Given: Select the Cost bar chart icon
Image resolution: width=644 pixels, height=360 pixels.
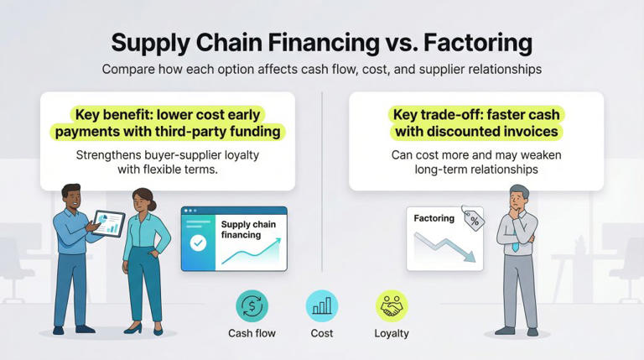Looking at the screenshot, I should (x=321, y=306).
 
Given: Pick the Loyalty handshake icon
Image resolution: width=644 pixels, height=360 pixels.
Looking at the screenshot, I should (x=392, y=306).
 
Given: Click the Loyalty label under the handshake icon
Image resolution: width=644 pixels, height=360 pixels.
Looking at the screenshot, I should (x=392, y=333).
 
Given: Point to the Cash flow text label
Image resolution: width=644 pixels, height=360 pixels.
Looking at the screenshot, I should (x=252, y=333).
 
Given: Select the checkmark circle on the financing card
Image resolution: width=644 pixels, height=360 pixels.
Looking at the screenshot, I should (x=198, y=244).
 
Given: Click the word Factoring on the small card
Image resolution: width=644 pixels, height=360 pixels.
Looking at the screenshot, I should (x=434, y=219).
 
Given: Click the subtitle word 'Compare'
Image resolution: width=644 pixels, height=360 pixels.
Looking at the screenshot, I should (x=131, y=70).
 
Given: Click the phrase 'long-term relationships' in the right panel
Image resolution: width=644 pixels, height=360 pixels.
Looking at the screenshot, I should (x=475, y=171).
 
